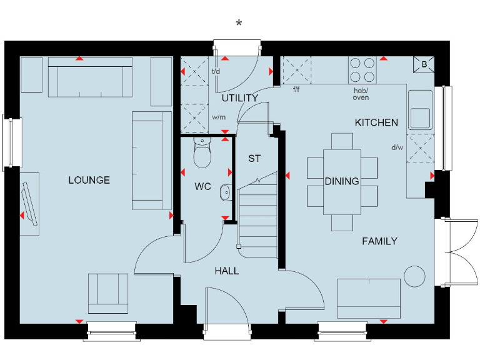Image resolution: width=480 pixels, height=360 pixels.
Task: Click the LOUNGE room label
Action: point(89,180)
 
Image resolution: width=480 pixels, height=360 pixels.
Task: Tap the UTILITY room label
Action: point(239,98)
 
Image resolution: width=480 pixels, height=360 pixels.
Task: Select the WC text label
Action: point(202,186)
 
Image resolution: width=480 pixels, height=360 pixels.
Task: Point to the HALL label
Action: point(226,271)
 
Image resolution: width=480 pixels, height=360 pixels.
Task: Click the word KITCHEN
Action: point(376,122)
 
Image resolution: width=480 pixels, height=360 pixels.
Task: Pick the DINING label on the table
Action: point(342,181)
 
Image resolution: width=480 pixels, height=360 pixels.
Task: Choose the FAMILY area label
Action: point(379,241)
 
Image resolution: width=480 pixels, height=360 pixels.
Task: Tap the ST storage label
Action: point(254,158)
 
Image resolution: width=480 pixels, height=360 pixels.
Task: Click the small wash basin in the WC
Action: point(225,194)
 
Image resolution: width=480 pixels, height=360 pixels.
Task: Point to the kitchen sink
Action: point(420,110)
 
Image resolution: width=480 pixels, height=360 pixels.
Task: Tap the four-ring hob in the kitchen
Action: point(362,70)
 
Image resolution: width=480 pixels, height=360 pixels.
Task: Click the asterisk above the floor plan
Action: point(239,24)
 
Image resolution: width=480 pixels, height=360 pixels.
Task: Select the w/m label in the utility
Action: point(219,117)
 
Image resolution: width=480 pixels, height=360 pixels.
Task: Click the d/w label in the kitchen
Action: point(397,148)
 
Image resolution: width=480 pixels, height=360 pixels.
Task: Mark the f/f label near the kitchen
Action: point(296,89)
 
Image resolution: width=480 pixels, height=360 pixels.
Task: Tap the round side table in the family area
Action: point(414,276)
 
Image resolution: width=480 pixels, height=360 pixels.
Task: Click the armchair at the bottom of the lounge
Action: point(107,292)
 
